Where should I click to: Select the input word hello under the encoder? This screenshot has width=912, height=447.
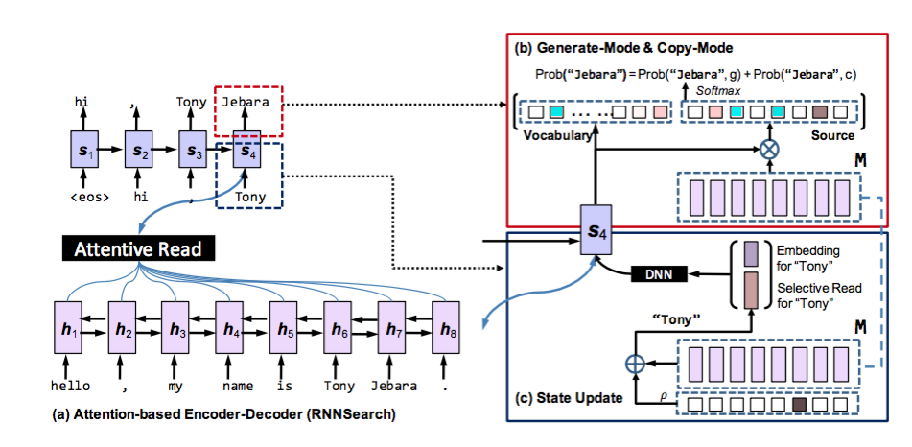coord(69,386)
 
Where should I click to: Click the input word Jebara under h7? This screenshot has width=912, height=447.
coord(391,386)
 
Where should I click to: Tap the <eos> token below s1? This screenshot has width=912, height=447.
coord(84,199)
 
